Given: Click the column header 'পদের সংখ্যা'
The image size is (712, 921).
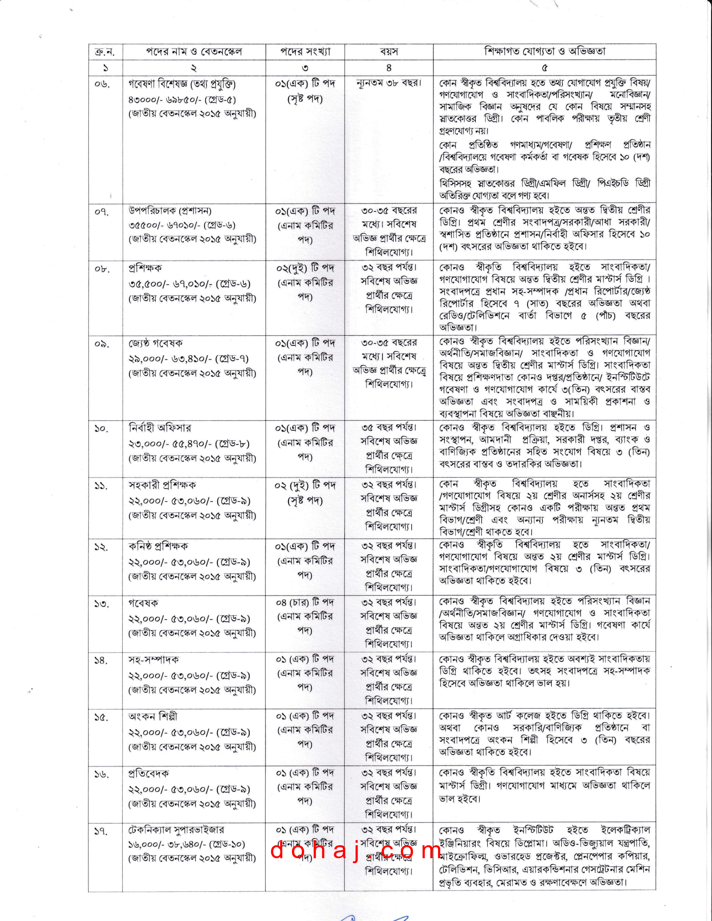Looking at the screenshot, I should (x=305, y=52).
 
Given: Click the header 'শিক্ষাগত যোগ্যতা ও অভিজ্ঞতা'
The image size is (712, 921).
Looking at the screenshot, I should (x=544, y=51).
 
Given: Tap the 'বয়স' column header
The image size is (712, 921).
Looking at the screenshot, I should (x=389, y=52).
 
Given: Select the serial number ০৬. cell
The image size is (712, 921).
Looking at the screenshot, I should (x=102, y=84).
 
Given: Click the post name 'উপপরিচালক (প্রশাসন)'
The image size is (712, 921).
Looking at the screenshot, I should (x=170, y=211).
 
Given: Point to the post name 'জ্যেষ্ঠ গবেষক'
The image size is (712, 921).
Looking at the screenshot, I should (x=156, y=343).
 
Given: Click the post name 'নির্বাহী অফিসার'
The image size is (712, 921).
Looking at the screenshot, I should (x=160, y=428).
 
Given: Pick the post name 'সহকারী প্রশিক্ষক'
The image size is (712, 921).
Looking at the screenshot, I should (x=163, y=485).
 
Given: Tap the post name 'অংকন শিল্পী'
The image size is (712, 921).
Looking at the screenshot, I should (x=153, y=716).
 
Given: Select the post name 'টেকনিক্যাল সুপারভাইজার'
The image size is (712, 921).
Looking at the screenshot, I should (x=176, y=830).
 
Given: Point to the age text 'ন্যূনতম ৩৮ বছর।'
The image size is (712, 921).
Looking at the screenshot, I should (x=389, y=83).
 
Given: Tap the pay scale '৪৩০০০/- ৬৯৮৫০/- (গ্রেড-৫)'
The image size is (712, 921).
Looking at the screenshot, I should (x=182, y=100).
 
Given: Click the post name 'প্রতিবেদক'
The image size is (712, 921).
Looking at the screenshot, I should (x=149, y=773).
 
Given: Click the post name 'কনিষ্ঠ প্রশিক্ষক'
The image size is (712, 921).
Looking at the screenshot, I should (x=158, y=546).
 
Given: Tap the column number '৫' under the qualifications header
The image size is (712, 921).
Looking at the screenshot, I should (x=544, y=67).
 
